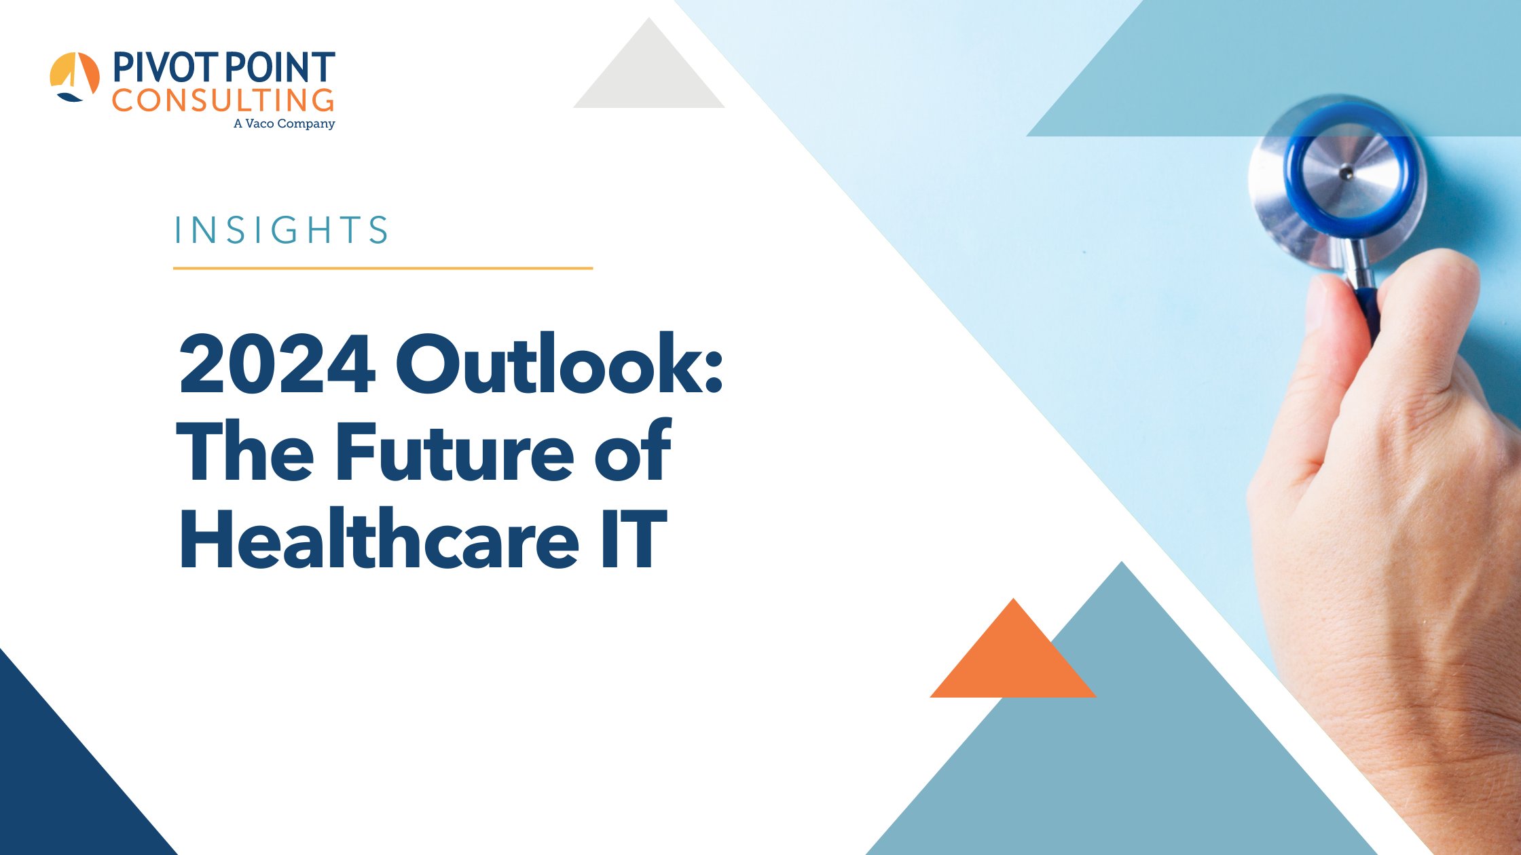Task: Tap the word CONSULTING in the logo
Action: click(x=223, y=100)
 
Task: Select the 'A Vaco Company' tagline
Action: click(x=284, y=123)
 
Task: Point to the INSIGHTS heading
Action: click(x=281, y=230)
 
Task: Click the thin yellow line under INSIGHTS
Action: click(x=382, y=268)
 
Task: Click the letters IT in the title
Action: click(x=633, y=539)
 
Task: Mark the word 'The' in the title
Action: click(x=245, y=451)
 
